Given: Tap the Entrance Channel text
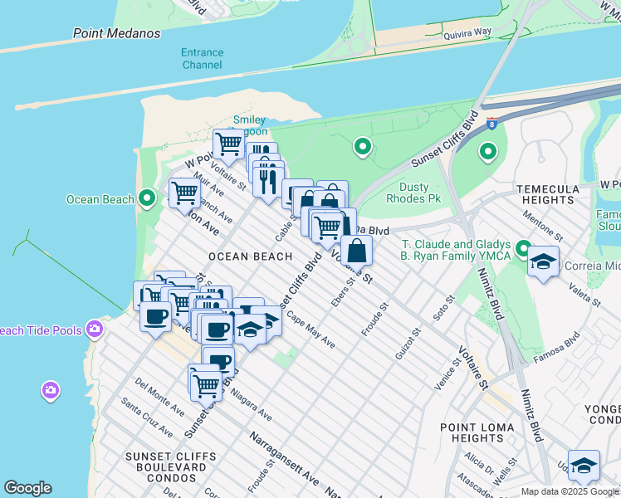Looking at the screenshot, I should (x=202, y=58).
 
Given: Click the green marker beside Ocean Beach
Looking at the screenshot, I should (x=147, y=198).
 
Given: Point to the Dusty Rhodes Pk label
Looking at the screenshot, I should (x=413, y=193).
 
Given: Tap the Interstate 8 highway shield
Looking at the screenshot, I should (x=492, y=123).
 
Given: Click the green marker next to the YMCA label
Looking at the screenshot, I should (x=523, y=248).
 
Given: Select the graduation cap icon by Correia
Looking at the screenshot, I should (x=543, y=263).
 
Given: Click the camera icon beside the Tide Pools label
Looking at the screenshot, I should (x=95, y=330).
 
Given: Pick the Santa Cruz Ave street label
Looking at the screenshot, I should (x=147, y=417).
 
